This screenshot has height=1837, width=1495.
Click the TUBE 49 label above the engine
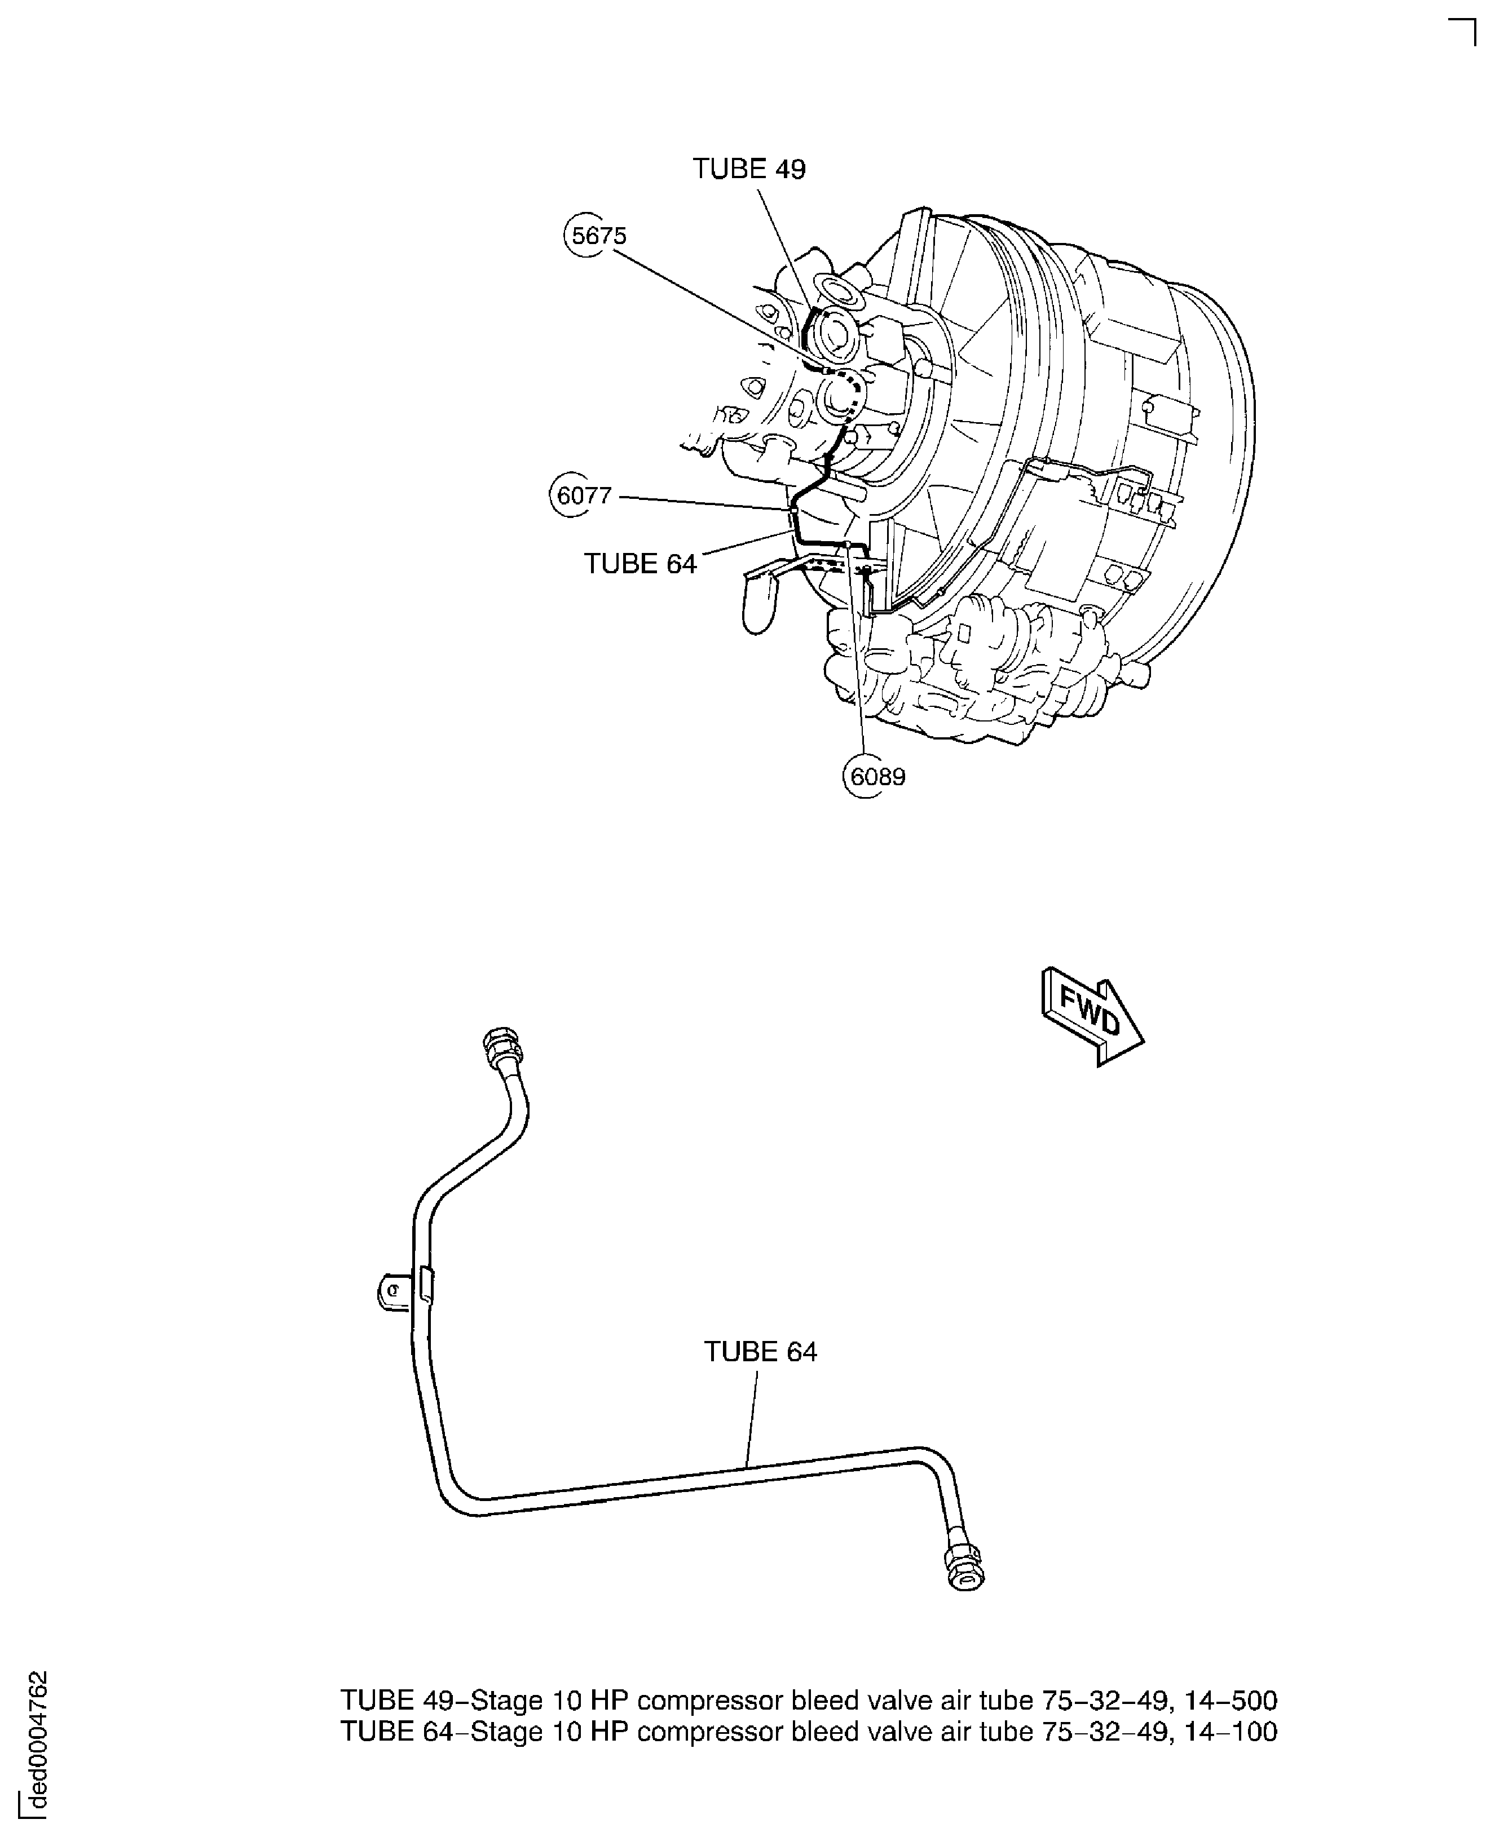click(749, 169)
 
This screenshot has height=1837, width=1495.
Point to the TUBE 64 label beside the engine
click(640, 563)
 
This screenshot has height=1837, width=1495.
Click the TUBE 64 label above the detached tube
click(760, 1352)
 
